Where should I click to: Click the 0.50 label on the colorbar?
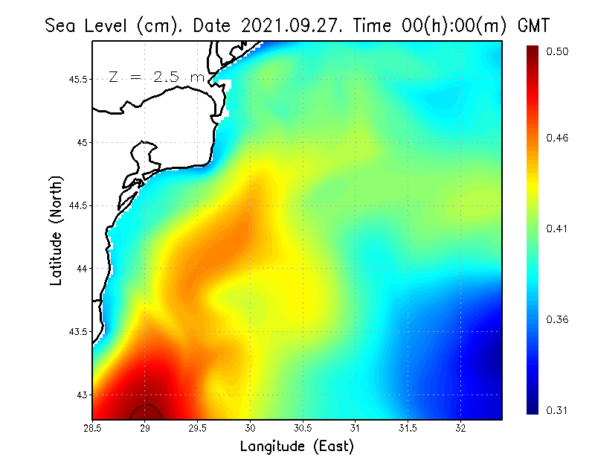click(557, 51)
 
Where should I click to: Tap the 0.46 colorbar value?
click(557, 138)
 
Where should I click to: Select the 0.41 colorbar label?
click(557, 229)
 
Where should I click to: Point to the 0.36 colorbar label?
click(557, 319)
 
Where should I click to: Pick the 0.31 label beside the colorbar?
click(557, 410)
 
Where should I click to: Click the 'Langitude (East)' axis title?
click(297, 446)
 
